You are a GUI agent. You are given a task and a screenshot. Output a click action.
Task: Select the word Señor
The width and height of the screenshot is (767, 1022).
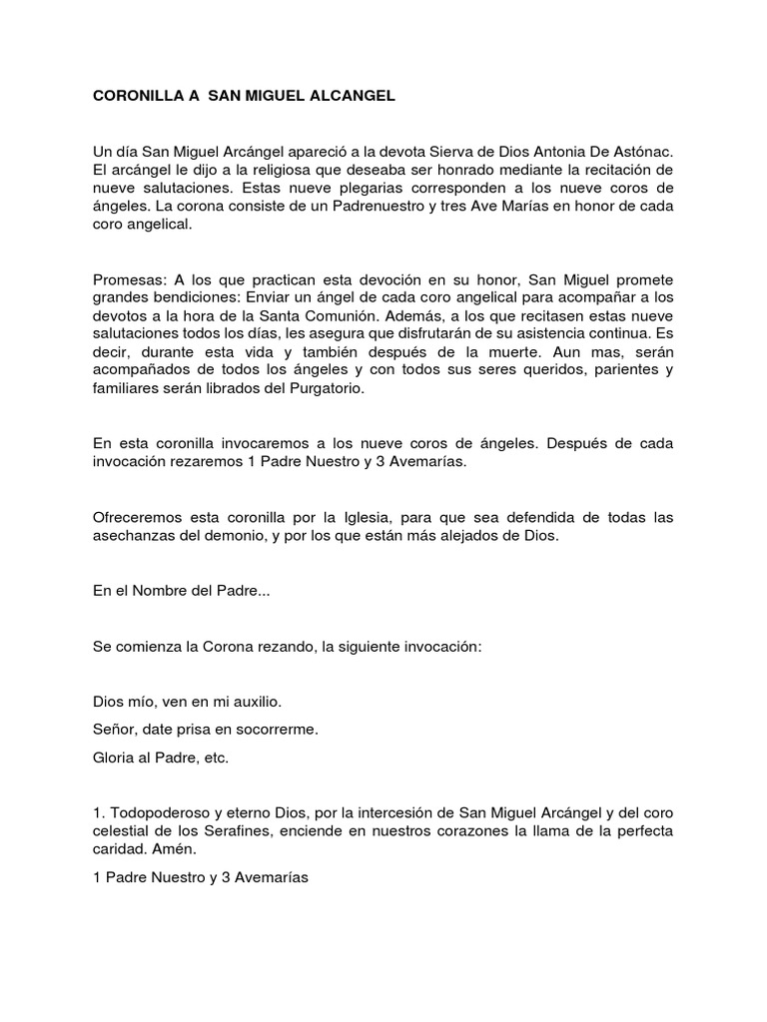(x=114, y=730)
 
